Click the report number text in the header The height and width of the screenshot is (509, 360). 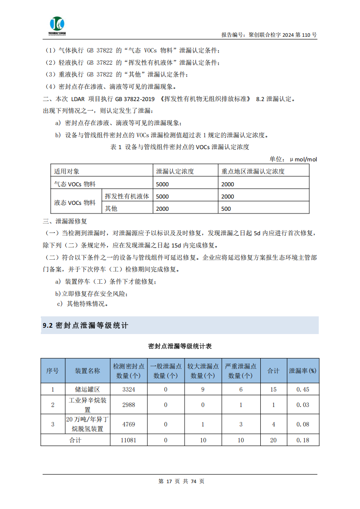point(269,34)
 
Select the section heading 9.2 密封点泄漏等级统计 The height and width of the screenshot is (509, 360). point(86,325)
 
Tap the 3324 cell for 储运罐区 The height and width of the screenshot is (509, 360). point(129,389)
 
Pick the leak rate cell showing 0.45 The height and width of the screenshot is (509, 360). point(303,389)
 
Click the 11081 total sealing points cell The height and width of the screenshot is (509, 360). point(129,440)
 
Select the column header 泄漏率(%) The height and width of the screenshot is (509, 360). point(303,371)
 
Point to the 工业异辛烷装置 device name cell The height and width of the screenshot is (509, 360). point(88,405)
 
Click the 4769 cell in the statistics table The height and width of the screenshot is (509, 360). point(129,424)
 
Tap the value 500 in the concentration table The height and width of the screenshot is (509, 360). point(226,208)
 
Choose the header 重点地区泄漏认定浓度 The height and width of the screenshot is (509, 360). point(253,171)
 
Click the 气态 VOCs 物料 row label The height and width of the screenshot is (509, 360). point(75,184)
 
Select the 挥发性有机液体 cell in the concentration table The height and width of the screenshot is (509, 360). point(127,196)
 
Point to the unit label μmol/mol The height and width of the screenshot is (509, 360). point(303,159)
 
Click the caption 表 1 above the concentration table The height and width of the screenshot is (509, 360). point(180,147)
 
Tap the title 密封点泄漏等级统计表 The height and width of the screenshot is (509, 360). point(180,346)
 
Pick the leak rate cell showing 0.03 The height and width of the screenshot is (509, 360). point(303,405)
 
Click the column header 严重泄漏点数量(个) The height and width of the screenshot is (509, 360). point(241,371)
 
